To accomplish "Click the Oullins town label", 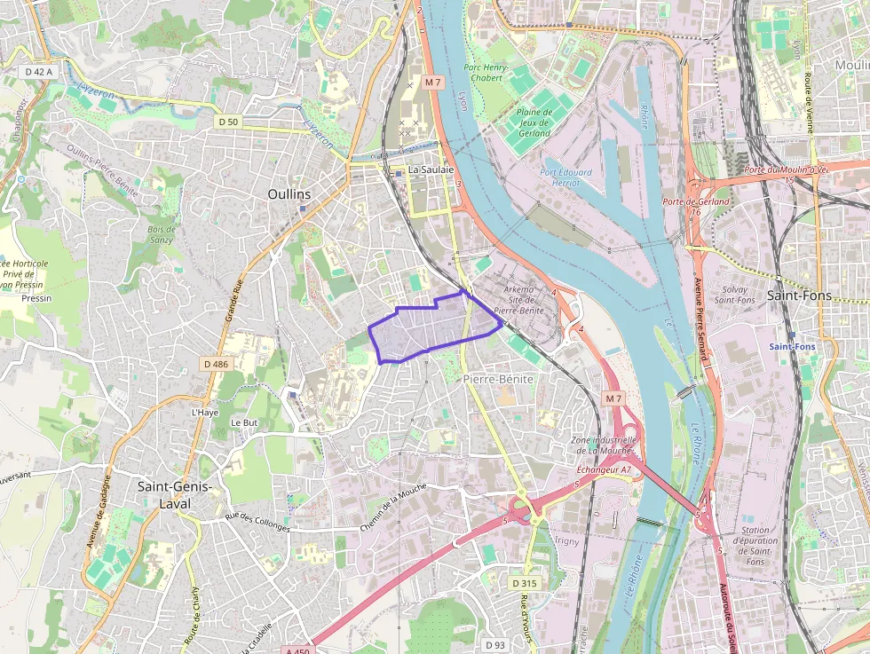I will coord(289,193).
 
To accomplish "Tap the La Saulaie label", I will coord(431,169).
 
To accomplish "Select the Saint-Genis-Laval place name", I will coord(175,494).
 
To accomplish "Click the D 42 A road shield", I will coord(38,71).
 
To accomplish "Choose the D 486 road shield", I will coord(216,364).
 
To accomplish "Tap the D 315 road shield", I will coord(525,583).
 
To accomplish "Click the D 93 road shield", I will coord(495,644).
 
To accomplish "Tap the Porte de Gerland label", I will coord(696,201).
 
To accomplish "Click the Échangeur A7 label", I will coord(604,469).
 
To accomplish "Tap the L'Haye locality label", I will coord(204,413).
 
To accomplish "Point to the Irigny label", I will coord(565,540).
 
